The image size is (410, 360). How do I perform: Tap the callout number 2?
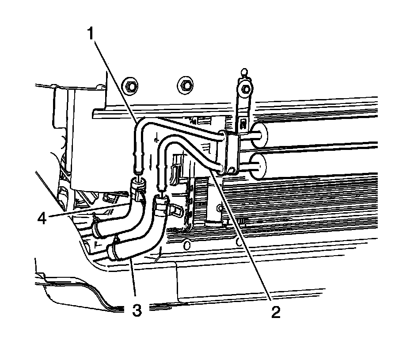click(275, 312)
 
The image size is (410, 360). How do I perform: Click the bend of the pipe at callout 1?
click(140, 124)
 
